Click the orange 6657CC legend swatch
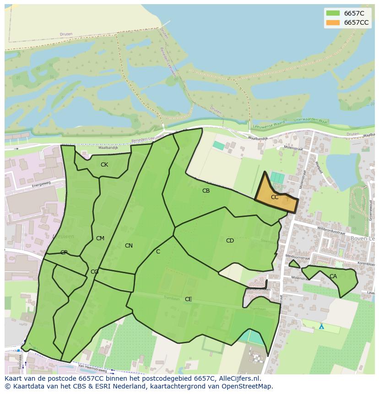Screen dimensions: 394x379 click(x=333, y=22)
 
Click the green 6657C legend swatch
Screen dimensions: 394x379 click(x=333, y=13)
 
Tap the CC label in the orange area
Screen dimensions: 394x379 click(x=275, y=197)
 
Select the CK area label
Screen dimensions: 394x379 click(x=104, y=165)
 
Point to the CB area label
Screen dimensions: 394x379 click(x=206, y=191)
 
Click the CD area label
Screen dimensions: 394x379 click(x=230, y=241)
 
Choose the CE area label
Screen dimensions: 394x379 click(x=188, y=299)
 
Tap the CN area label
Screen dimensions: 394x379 click(x=129, y=246)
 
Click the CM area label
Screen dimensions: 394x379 click(x=100, y=238)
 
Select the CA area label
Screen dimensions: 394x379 click(x=333, y=276)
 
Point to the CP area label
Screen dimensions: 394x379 click(x=64, y=253)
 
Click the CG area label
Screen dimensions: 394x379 click(x=94, y=272)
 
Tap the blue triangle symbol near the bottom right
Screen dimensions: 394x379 click(x=321, y=327)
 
